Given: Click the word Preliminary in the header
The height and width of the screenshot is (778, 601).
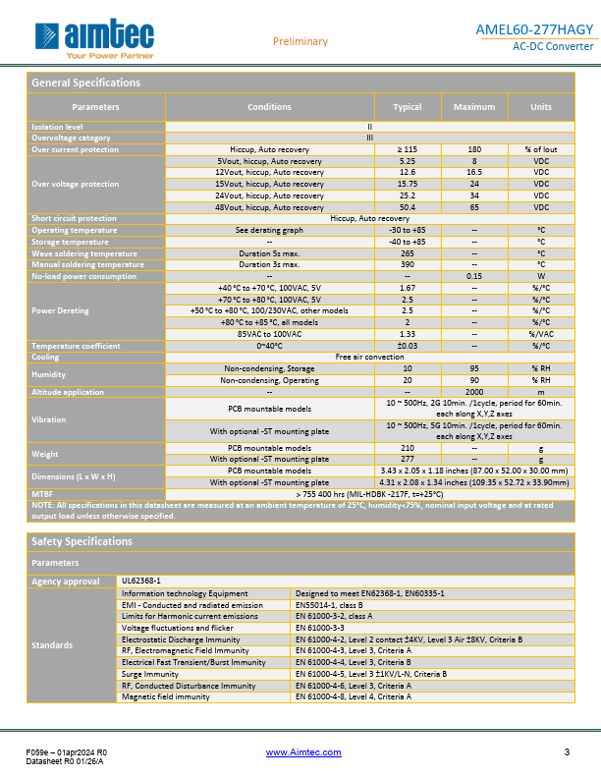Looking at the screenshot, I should click(300, 41).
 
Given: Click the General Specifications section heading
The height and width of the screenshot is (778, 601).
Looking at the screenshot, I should click(86, 83).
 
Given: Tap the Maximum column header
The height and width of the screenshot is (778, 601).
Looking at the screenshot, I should click(474, 107).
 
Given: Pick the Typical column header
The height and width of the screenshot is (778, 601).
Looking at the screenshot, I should click(408, 107).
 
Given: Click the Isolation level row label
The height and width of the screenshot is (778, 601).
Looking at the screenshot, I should click(58, 127).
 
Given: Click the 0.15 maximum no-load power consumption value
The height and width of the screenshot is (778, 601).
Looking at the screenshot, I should click(474, 276).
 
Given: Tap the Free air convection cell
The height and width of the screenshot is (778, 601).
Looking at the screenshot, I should click(369, 357).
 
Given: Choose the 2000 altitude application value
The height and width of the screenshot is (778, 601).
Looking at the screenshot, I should click(474, 392).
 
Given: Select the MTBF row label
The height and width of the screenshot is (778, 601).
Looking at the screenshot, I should click(43, 494).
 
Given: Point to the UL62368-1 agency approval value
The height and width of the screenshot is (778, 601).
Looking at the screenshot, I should click(140, 582).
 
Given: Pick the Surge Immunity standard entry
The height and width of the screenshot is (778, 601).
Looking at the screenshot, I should click(150, 674).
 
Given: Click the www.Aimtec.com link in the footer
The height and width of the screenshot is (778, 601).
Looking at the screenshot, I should click(304, 752).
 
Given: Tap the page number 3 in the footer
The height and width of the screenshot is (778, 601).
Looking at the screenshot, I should click(567, 752).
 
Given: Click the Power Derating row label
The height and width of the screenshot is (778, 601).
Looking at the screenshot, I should click(60, 310).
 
